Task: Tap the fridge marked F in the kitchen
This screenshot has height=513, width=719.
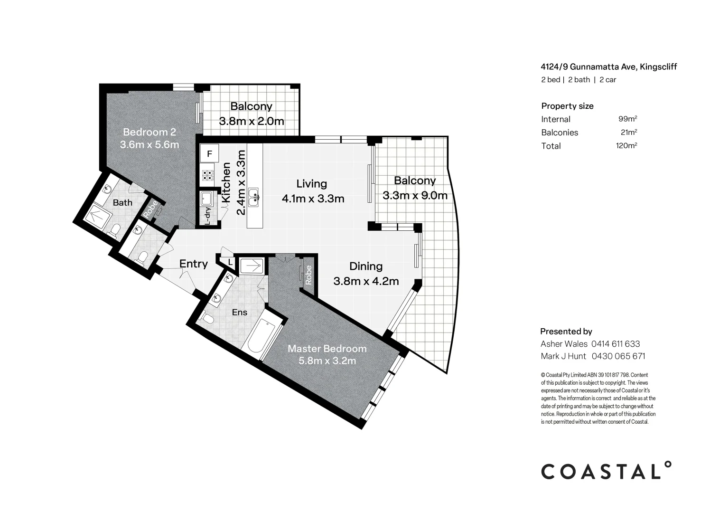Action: coord(209,154)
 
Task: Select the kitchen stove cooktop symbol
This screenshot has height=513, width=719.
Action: coord(208,176)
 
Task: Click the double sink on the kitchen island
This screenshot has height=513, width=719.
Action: coord(254,197)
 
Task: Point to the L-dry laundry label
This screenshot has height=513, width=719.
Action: coord(207,216)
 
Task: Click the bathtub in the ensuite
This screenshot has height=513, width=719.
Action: coord(262,338)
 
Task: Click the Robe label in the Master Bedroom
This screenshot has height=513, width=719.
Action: coord(308,275)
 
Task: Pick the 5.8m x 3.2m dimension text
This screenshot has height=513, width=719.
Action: coord(327,361)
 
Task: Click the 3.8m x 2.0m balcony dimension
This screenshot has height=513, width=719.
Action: coord(251,121)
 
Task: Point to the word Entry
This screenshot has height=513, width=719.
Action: coord(193,264)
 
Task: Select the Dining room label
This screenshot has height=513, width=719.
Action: coord(366,266)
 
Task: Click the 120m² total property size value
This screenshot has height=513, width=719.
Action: coord(626,146)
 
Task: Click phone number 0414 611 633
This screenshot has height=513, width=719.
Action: coord(616,344)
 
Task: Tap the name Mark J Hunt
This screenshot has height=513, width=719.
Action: coord(563,356)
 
